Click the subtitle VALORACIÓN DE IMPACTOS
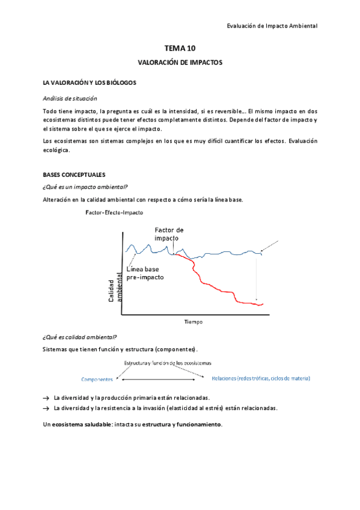(180, 62)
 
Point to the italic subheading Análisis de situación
(70, 98)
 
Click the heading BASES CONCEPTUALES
(75, 174)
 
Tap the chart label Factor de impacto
(169, 234)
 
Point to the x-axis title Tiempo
(194, 322)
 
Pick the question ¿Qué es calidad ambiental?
(80, 337)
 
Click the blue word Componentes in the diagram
(97, 379)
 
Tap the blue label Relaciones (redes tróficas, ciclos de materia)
(261, 378)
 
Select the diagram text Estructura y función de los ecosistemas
(168, 363)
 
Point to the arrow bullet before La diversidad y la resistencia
(46, 408)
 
